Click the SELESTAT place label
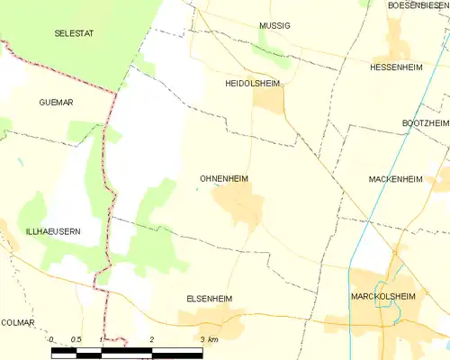point(73,32)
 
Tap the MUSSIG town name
point(274,26)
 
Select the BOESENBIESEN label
point(418,5)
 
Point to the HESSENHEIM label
point(397,67)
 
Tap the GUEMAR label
point(57,103)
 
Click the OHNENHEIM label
point(223,179)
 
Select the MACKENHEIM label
point(395,179)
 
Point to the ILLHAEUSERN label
point(40,231)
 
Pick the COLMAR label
point(17,322)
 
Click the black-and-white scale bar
point(126,352)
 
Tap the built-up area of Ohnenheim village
point(241,208)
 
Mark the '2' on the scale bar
point(152,340)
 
